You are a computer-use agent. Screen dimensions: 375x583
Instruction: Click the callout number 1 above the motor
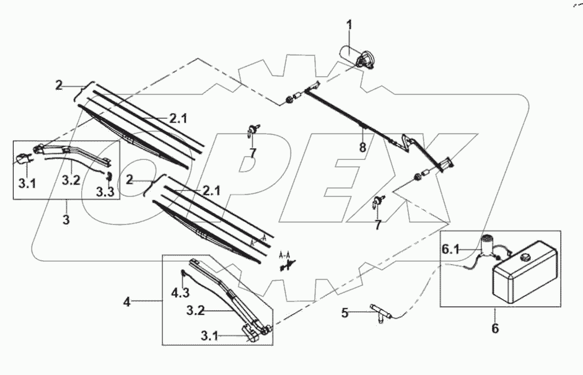(x=349, y=25)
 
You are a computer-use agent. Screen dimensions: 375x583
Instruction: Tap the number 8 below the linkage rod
(x=363, y=148)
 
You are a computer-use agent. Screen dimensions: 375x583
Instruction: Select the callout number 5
(x=344, y=312)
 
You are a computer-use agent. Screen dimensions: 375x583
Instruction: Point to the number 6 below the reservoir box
(x=494, y=328)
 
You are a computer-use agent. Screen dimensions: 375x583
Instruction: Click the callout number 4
(x=126, y=302)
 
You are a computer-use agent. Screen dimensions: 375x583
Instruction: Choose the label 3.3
(x=104, y=192)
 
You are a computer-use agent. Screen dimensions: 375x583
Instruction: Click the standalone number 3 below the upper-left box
(x=66, y=219)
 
